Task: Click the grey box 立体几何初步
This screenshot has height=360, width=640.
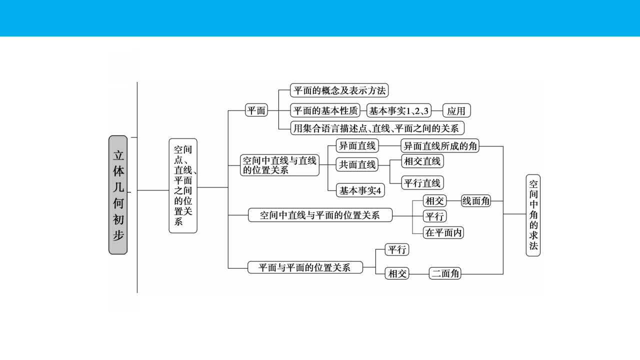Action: (118, 195)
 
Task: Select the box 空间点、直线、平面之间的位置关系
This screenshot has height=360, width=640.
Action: (183, 185)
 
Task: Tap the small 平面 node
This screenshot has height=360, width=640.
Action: (256, 110)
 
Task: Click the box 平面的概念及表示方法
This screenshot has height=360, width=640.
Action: (339, 90)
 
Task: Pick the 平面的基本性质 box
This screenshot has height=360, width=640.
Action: (325, 110)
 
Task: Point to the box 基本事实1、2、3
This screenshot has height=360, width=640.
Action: (399, 110)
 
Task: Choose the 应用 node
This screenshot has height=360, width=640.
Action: (456, 110)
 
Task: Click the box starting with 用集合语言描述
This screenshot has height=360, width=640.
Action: (377, 128)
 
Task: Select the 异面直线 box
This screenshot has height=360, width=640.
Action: (357, 145)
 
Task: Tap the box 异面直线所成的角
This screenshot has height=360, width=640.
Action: (440, 145)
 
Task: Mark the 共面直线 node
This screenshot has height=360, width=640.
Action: (357, 164)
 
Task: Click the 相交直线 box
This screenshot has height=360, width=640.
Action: (422, 161)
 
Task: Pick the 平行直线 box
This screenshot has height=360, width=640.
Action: (422, 183)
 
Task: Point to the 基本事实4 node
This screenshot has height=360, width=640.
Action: (360, 190)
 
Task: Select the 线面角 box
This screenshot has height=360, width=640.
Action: (475, 201)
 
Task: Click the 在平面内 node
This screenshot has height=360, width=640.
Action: (443, 232)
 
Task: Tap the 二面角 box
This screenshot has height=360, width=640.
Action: (445, 273)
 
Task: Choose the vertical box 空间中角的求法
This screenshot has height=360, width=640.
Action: (533, 215)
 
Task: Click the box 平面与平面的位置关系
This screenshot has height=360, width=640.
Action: (305, 267)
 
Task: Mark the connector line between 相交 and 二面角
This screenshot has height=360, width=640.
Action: (419, 274)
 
